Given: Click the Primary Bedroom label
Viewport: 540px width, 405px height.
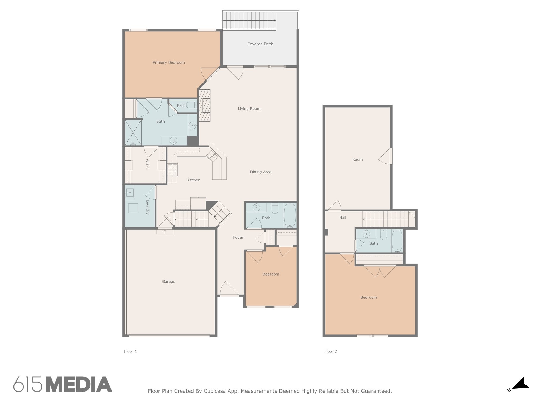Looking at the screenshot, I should [169, 62].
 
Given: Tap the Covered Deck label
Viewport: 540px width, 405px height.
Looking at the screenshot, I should [260, 44].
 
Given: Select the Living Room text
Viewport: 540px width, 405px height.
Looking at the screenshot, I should [249, 109].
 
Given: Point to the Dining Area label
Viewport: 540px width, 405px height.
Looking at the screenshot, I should [261, 172].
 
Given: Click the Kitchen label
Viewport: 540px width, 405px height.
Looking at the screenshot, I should [193, 180].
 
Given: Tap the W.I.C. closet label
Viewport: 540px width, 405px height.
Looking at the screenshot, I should [147, 164].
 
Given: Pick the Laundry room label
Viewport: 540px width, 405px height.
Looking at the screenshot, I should [147, 207].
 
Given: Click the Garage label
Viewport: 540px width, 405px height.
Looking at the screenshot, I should [168, 282].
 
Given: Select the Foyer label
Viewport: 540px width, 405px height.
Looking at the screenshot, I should [238, 238].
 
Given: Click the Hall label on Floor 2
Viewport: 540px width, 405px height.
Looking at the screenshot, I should [343, 218].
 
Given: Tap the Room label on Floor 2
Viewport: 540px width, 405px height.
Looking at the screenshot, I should [357, 160].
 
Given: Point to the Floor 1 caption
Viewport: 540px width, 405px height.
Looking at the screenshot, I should [131, 351].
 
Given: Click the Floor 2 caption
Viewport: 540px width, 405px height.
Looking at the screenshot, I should [331, 351].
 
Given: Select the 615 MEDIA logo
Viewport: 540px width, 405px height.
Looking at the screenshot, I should [63, 384].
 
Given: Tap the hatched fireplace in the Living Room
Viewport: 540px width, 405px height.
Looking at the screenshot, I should [205, 105].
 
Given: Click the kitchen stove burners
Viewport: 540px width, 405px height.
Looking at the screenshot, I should [173, 170].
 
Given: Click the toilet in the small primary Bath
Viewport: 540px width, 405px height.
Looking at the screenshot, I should [192, 105].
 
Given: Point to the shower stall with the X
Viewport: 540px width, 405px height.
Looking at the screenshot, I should [133, 133].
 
